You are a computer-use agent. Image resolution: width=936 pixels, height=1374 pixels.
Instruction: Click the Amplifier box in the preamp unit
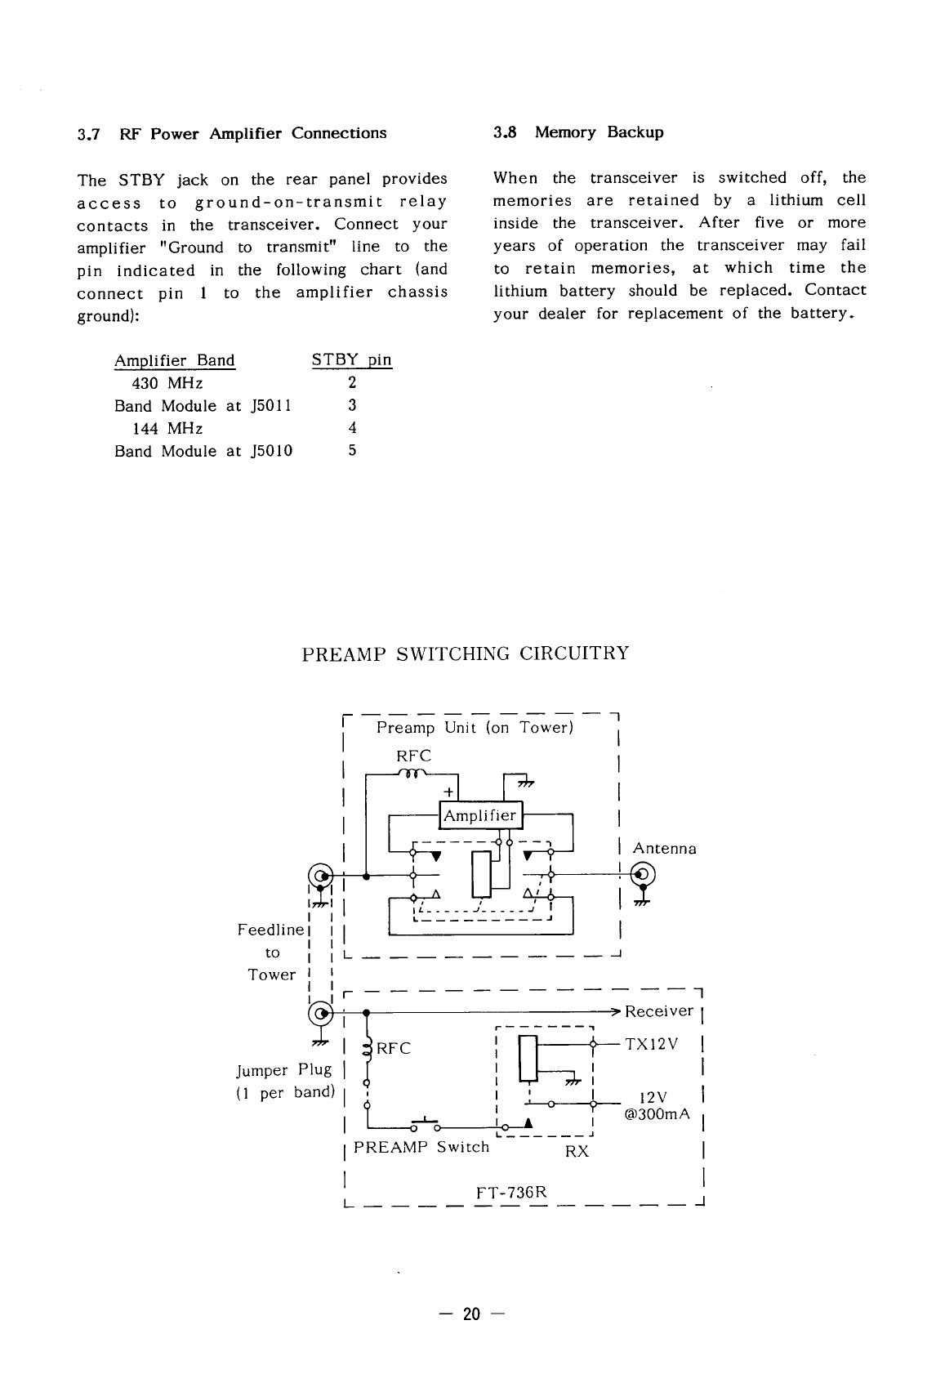click(479, 815)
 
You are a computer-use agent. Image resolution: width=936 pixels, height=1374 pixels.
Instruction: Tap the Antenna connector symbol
click(643, 874)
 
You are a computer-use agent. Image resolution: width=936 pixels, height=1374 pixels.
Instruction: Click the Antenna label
click(664, 849)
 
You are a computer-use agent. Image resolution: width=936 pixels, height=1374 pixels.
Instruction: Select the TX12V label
click(651, 1045)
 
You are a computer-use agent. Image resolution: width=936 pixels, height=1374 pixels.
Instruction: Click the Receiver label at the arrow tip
click(658, 1011)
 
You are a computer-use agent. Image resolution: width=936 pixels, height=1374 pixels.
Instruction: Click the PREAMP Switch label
click(421, 1147)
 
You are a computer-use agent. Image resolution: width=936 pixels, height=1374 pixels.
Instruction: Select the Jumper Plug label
click(283, 1070)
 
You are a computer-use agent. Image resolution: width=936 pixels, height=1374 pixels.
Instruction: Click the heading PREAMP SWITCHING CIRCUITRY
click(466, 654)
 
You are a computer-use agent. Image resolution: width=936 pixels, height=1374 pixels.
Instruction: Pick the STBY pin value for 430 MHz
click(352, 383)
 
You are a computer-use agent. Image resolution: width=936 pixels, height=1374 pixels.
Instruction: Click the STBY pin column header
click(352, 360)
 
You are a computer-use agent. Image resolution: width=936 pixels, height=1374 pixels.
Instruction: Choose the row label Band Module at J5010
click(203, 451)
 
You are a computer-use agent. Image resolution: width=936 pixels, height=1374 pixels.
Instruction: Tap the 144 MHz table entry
click(167, 428)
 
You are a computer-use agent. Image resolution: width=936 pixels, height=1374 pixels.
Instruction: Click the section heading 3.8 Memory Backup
click(578, 132)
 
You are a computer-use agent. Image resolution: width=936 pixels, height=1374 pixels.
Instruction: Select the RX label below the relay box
click(577, 1152)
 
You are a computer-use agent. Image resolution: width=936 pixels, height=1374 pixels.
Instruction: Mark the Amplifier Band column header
click(174, 360)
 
